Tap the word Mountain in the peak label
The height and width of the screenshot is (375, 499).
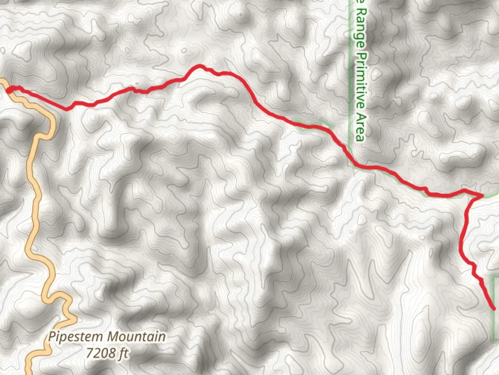pyautogui.click(x=136, y=337)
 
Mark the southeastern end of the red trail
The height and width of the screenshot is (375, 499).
pyautogui.click(x=493, y=308)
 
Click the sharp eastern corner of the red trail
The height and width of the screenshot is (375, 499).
pyautogui.click(x=482, y=196)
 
